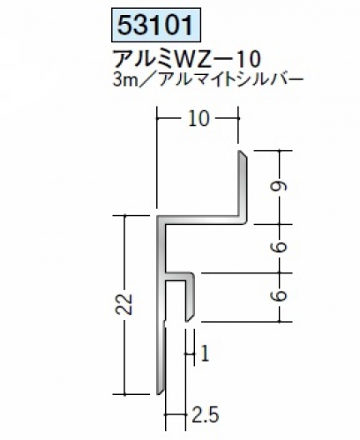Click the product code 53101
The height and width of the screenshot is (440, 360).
tap(156, 26)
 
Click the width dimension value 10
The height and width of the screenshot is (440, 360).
tap(199, 119)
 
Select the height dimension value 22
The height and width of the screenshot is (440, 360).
tap(125, 304)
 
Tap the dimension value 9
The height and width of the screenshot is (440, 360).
tap(281, 187)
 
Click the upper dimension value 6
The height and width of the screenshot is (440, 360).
tap(281, 248)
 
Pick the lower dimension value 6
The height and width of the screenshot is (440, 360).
tap(281, 296)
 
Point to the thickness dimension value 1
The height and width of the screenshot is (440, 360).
tap(205, 354)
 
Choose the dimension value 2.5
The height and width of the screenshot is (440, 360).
tap(206, 415)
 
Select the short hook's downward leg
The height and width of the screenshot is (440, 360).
tap(190, 297)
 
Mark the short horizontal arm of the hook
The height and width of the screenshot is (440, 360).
tap(179, 276)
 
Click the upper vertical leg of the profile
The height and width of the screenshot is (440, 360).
tap(243, 185)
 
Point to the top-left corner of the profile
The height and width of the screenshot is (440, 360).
tap(157, 216)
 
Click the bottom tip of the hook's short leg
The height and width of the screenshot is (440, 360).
tap(187, 321)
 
